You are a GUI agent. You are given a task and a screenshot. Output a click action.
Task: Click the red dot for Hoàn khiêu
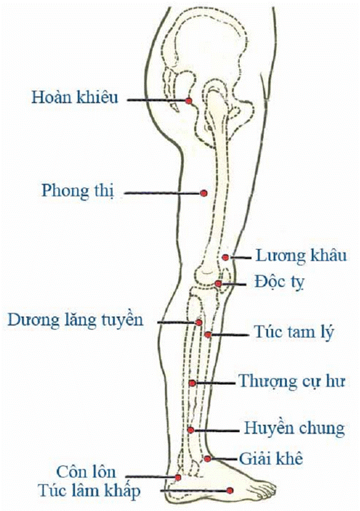pyautogui.click(x=189, y=101)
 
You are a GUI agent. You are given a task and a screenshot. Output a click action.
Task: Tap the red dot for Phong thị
pyautogui.click(x=204, y=193)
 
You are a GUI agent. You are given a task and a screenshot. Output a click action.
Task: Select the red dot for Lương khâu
pyautogui.click(x=226, y=257)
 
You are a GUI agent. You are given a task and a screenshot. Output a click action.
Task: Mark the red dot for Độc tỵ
pyautogui.click(x=219, y=284)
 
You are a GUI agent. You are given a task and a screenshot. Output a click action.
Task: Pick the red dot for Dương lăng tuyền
pyautogui.click(x=199, y=322)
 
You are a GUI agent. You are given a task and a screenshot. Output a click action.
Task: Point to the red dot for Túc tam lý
pyautogui.click(x=207, y=334)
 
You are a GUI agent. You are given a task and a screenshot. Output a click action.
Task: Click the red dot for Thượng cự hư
pyautogui.click(x=192, y=383)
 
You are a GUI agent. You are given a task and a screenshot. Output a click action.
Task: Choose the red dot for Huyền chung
pyautogui.click(x=191, y=430)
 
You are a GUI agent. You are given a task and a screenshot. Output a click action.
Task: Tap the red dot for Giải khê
pyautogui.click(x=207, y=459)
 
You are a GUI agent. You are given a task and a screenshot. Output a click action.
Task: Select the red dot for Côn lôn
pyautogui.click(x=178, y=477)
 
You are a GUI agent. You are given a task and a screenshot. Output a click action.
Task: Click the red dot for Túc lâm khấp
pyautogui.click(x=230, y=490)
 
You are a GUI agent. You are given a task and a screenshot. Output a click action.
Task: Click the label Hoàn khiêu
pyautogui.click(x=74, y=97)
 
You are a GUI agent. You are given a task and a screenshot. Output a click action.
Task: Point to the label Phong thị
pyautogui.click(x=78, y=191)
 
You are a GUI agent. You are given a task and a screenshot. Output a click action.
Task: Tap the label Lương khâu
pyautogui.click(x=301, y=255)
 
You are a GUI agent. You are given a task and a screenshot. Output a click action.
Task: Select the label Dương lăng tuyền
pyautogui.click(x=76, y=320)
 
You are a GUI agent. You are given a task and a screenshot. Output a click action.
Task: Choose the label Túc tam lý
pyautogui.click(x=294, y=333)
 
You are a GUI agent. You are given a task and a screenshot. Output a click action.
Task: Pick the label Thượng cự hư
pyautogui.click(x=292, y=381)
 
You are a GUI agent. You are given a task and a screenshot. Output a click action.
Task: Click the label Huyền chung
pyautogui.click(x=294, y=428)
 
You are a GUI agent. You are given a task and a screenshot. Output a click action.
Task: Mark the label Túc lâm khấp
pyautogui.click(x=89, y=491)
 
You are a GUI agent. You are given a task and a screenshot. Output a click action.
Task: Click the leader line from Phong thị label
pyautogui.click(x=162, y=193)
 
